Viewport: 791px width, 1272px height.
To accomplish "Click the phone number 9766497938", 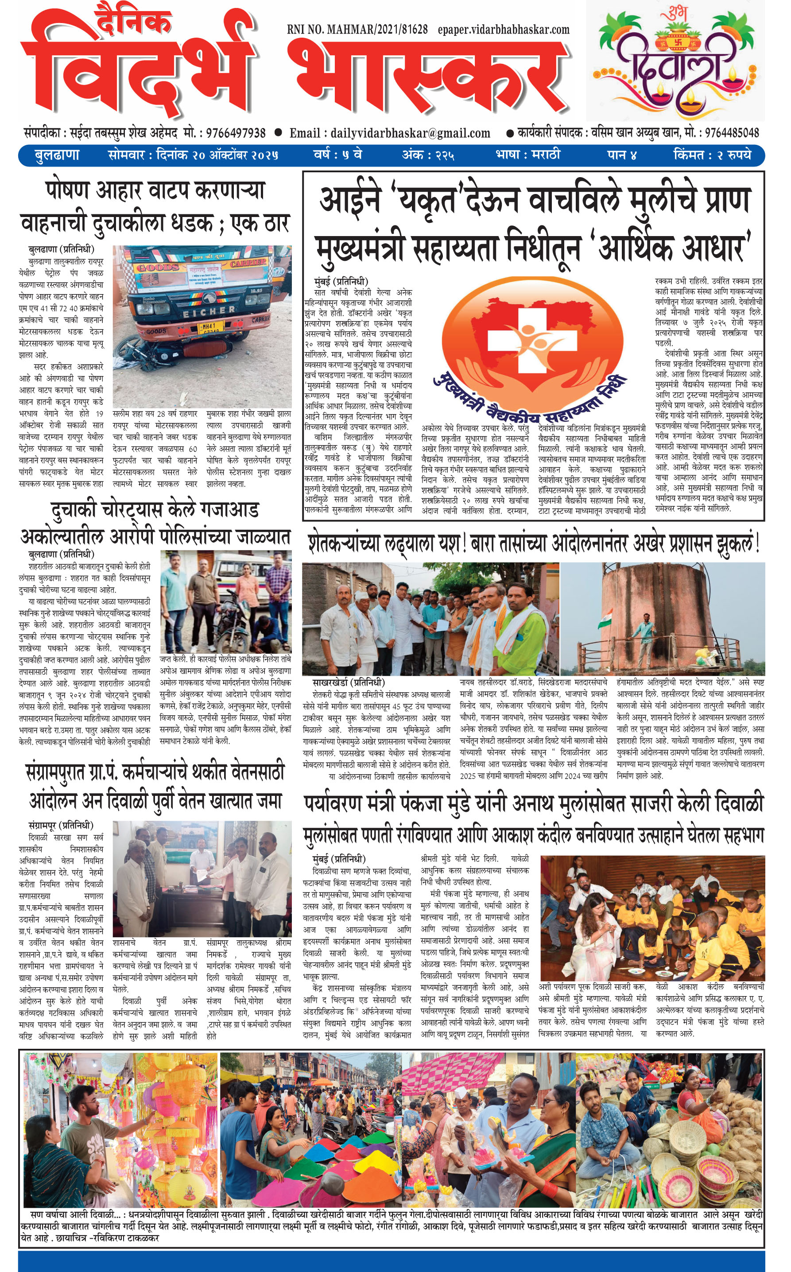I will click(236, 133).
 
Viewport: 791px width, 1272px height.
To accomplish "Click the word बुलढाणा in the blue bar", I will click(57, 155).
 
